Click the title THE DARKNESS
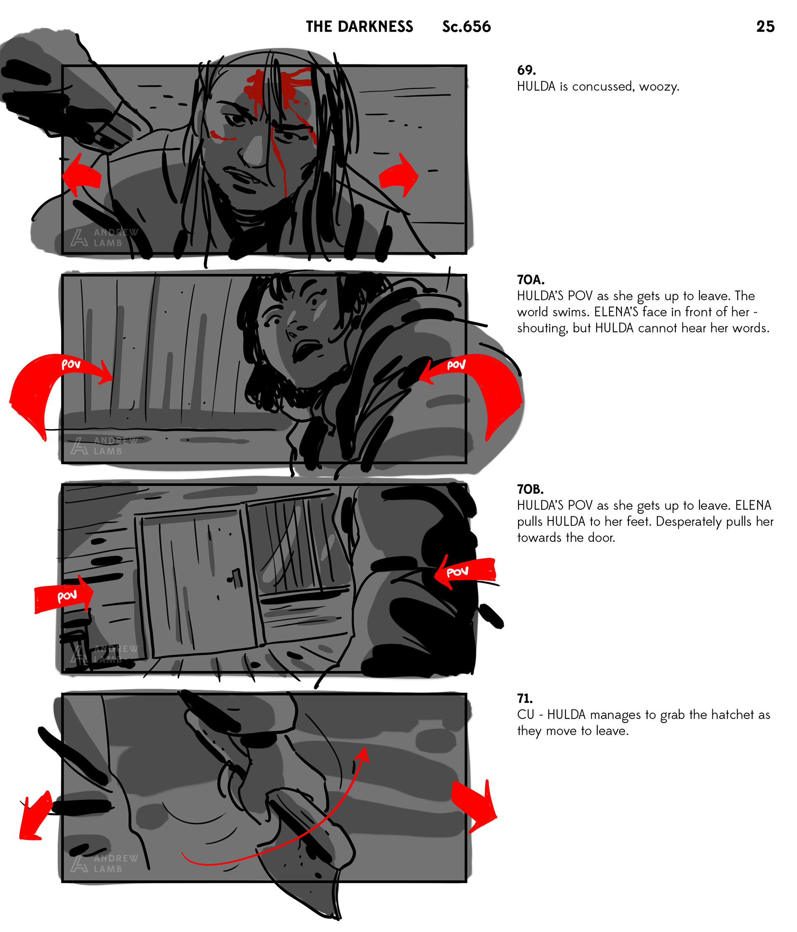(x=359, y=27)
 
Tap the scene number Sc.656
(x=467, y=27)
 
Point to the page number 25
(x=765, y=27)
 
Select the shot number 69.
(x=526, y=70)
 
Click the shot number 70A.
(x=531, y=280)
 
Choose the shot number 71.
(x=525, y=699)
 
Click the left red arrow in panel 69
(x=82, y=176)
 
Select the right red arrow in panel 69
(x=398, y=176)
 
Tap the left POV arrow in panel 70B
(x=64, y=594)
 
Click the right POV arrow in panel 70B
(x=465, y=571)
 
